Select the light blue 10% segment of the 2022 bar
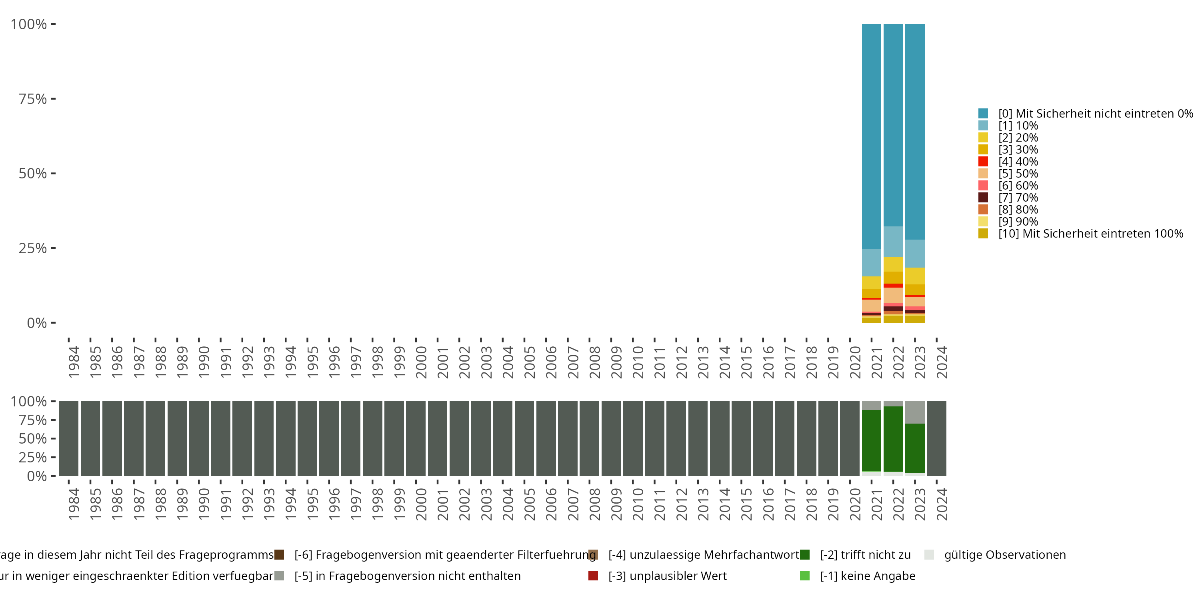[893, 241]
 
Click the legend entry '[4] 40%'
[1018, 162]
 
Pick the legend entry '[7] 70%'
[1018, 198]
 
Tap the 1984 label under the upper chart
[74, 362]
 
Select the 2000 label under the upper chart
[421, 362]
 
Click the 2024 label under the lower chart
[942, 504]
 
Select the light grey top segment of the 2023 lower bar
[914, 412]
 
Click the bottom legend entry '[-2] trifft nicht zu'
[864, 555]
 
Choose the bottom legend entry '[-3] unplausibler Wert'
[667, 576]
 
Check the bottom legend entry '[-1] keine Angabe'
[867, 576]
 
